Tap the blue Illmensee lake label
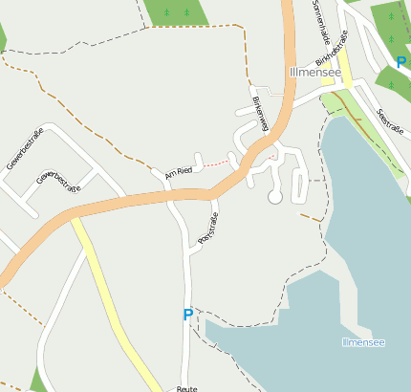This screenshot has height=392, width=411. click(362, 341)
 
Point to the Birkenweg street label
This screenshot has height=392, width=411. click(257, 113)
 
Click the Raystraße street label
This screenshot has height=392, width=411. click(207, 229)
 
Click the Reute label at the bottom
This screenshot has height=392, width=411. click(186, 388)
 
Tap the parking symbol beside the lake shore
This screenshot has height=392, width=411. click(187, 315)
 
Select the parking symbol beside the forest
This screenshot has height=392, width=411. click(401, 62)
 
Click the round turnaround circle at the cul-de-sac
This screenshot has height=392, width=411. click(275, 197)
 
